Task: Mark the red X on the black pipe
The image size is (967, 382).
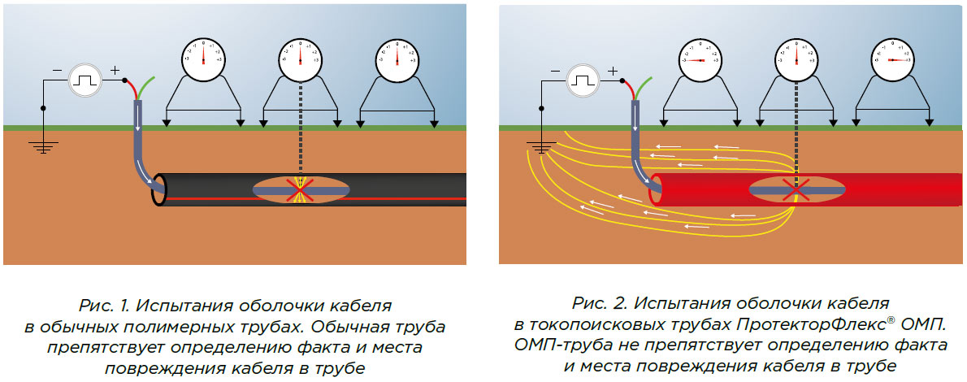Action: click(x=300, y=190)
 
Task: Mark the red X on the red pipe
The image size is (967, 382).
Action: click(x=796, y=190)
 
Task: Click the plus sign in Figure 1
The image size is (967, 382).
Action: click(x=114, y=71)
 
